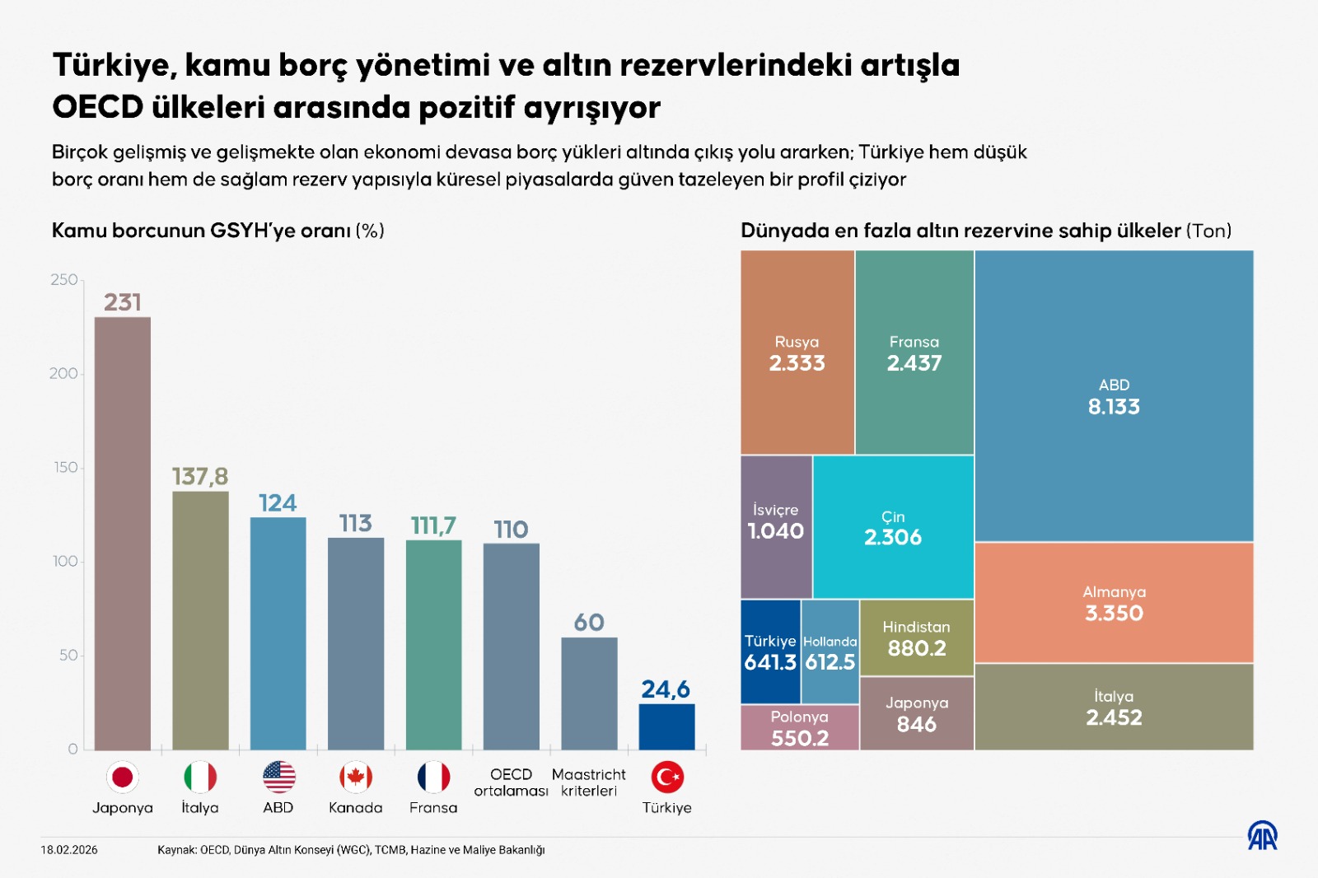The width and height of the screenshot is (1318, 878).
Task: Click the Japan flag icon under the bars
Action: click(x=123, y=777)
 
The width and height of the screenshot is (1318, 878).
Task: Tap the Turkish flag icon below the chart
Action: click(x=667, y=777)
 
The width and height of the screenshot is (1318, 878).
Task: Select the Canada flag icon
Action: click(x=356, y=777)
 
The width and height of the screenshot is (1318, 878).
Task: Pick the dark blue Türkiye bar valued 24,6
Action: click(x=666, y=726)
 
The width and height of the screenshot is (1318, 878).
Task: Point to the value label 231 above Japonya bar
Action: click(x=123, y=302)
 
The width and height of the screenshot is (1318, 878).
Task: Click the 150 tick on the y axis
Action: click(x=65, y=467)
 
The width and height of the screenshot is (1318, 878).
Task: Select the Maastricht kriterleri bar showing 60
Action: click(x=589, y=693)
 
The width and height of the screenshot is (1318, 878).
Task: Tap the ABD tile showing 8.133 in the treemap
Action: click(x=1114, y=396)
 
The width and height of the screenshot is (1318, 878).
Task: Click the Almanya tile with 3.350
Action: click(x=1114, y=603)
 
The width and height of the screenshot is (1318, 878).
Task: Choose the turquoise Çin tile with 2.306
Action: click(x=893, y=527)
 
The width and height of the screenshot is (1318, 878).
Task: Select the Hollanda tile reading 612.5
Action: click(x=830, y=651)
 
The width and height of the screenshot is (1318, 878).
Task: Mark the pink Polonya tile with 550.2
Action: click(x=799, y=728)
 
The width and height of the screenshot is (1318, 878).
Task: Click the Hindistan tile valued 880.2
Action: click(x=916, y=638)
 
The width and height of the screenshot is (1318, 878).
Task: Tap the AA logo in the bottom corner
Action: click(x=1261, y=835)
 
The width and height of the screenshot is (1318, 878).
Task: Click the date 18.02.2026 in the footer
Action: click(x=69, y=850)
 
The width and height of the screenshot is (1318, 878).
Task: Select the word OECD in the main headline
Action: click(x=97, y=107)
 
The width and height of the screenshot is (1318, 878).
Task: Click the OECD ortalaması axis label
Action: click(x=511, y=782)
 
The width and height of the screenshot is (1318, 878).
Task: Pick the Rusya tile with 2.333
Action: click(x=797, y=353)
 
